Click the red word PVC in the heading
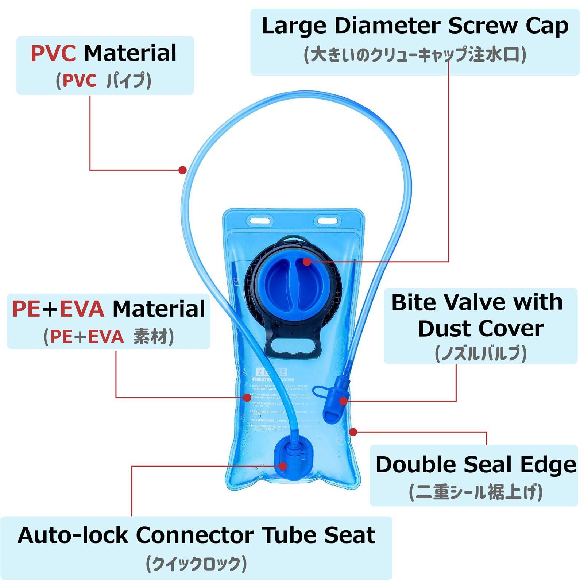[53, 53]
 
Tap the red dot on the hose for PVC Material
[183, 170]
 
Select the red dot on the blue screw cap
[307, 262]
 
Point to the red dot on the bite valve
[343, 401]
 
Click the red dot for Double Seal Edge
[353, 432]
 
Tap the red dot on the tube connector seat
[283, 466]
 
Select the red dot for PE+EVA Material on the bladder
[247, 397]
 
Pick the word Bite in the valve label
[413, 302]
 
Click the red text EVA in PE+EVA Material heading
[82, 309]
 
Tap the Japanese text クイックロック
[196, 564]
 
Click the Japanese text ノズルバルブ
[481, 353]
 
